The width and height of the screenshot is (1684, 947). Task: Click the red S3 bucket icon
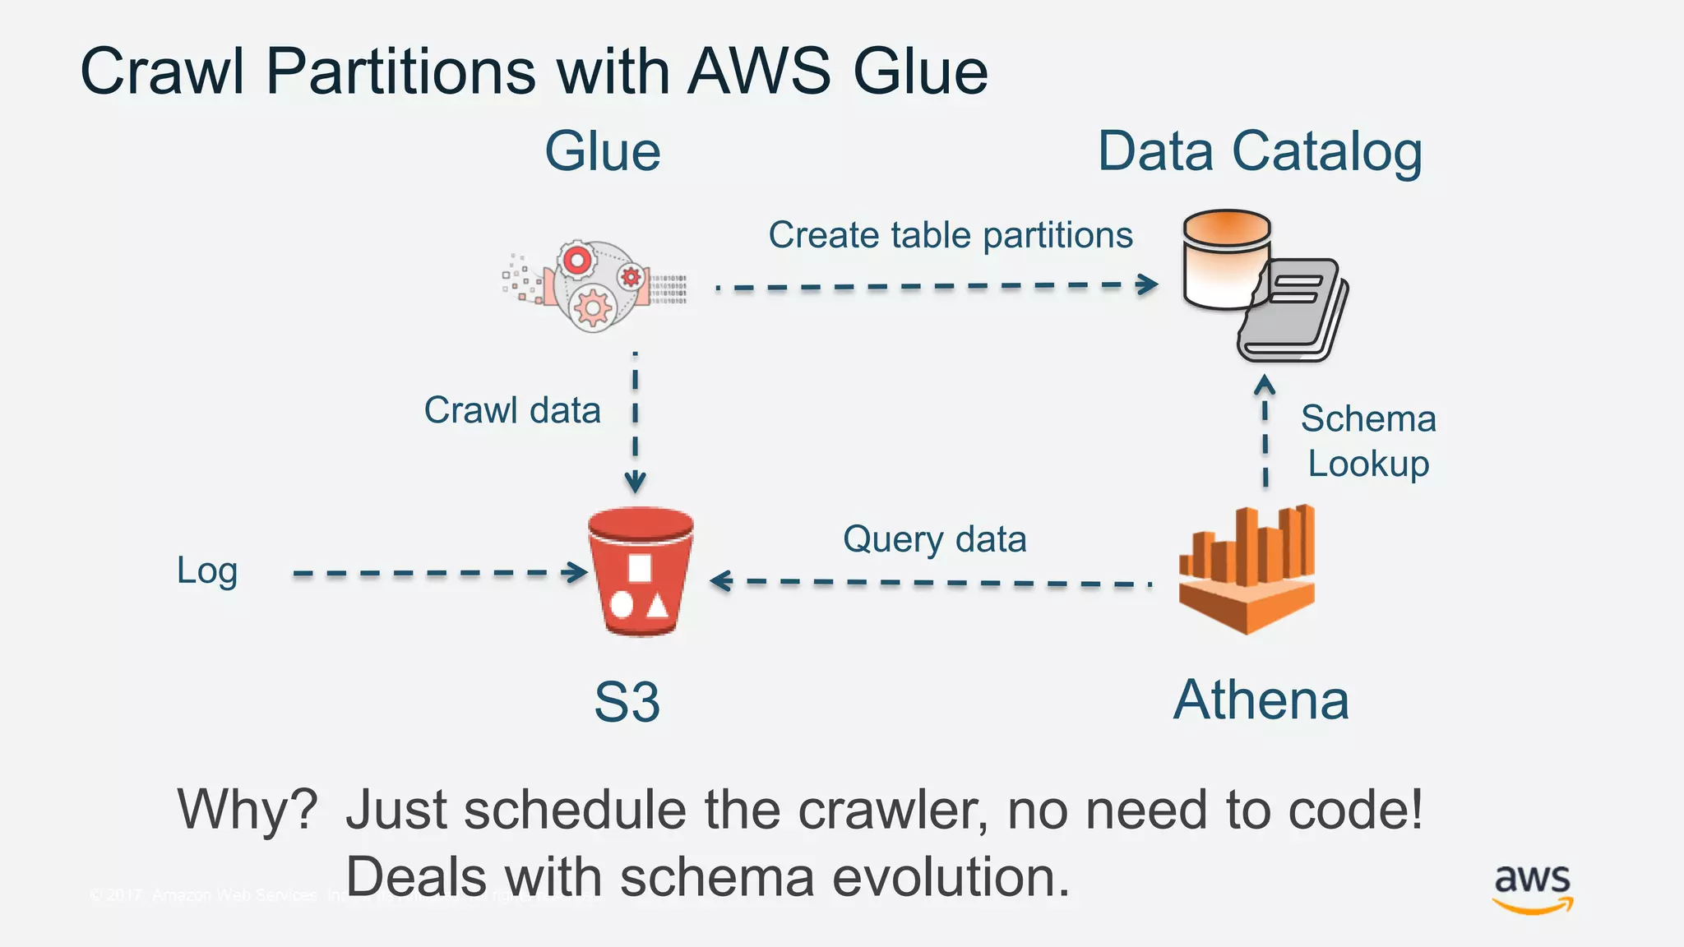(641, 572)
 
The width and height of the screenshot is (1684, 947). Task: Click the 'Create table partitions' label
(951, 235)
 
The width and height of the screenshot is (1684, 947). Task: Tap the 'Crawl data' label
(512, 410)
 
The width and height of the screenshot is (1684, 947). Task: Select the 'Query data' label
(935, 540)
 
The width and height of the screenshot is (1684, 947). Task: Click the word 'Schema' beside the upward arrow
(1368, 419)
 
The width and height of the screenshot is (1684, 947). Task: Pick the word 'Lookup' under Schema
(1368, 464)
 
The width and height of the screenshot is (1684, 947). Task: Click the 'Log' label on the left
(207, 571)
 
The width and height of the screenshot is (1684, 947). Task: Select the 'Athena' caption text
(1261, 700)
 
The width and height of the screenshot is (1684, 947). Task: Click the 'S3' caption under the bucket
(627, 702)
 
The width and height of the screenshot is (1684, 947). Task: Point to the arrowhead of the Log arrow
(578, 572)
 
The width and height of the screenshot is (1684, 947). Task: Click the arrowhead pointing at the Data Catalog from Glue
(1149, 284)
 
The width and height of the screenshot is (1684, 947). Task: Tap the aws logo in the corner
(1533, 888)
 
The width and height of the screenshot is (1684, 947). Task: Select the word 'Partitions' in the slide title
(401, 72)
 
